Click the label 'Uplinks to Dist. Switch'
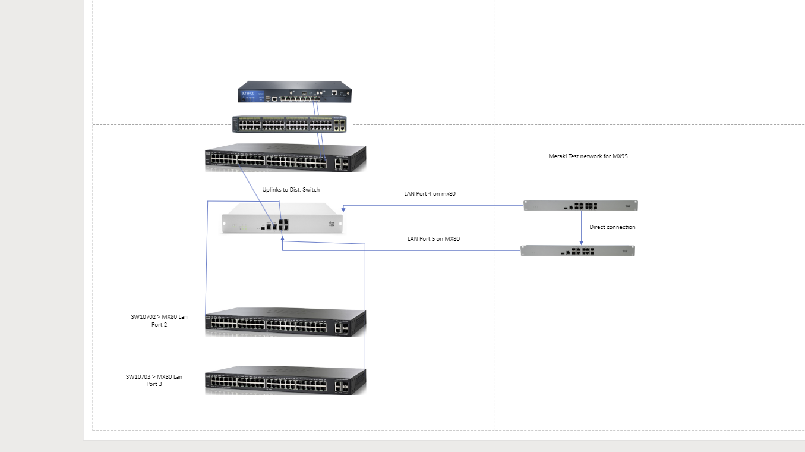[291, 190]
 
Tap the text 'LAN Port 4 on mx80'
[430, 194]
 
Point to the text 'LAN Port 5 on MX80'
[433, 239]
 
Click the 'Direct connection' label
[612, 227]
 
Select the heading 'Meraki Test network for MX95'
[588, 156]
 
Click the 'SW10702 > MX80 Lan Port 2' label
[159, 321]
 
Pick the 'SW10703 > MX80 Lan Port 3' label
[154, 380]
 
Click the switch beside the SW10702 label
[285, 322]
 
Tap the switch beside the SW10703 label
[285, 381]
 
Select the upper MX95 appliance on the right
[580, 206]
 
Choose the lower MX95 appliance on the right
[577, 250]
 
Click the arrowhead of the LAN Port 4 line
[344, 209]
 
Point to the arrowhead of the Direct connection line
[581, 242]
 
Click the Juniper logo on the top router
[248, 94]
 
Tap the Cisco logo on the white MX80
[332, 224]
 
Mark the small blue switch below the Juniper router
[289, 124]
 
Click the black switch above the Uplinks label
[285, 159]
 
